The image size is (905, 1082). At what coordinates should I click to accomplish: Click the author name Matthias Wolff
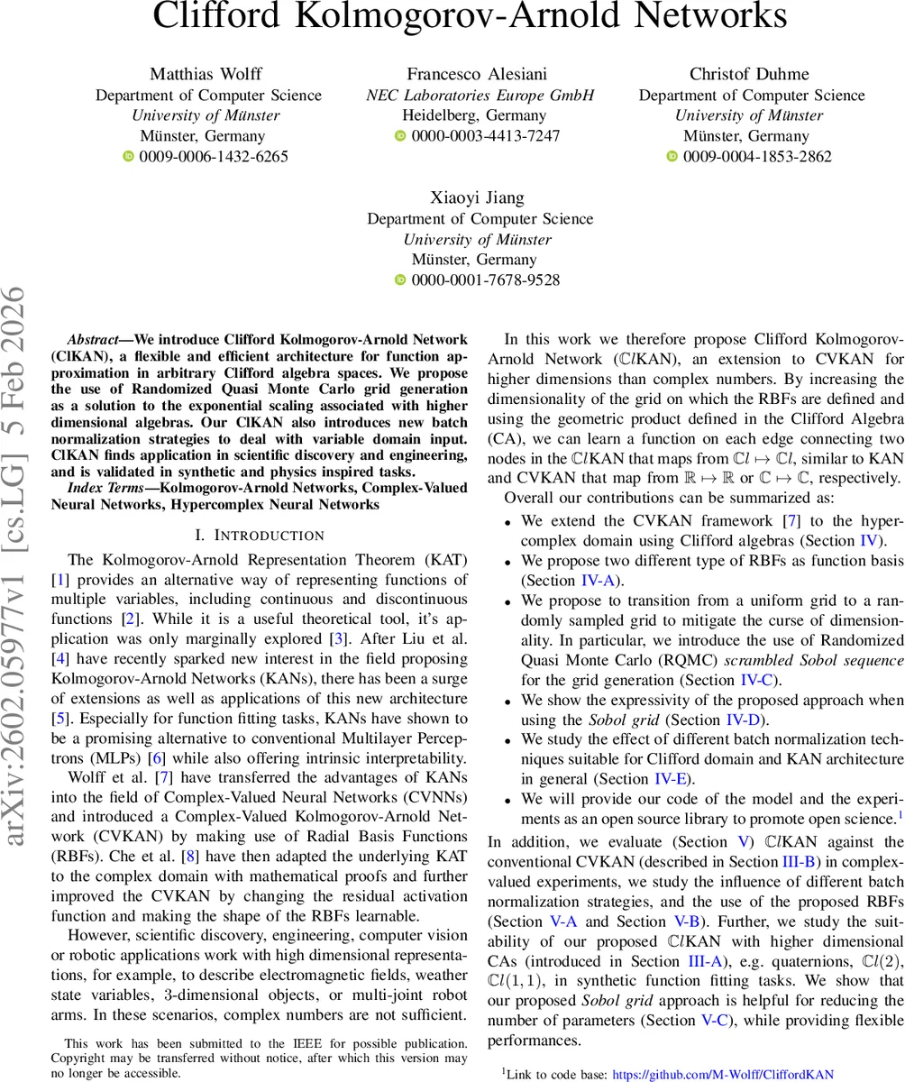(x=208, y=74)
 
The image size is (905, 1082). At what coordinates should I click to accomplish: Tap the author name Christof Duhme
(x=749, y=74)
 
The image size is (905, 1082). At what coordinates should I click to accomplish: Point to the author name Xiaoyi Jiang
(x=479, y=197)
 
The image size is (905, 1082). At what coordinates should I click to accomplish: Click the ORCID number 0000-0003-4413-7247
(x=486, y=136)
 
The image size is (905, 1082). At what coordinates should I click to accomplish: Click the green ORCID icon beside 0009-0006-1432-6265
(x=128, y=157)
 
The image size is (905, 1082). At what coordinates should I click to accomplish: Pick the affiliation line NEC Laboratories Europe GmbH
(x=480, y=95)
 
